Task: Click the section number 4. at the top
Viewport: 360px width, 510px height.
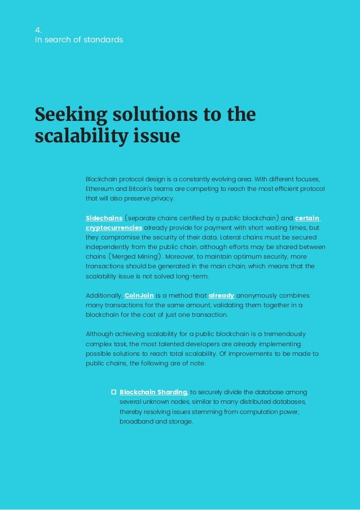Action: click(x=38, y=30)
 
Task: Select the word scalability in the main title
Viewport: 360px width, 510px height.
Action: click(x=77, y=136)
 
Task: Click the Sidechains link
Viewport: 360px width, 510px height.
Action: click(x=104, y=217)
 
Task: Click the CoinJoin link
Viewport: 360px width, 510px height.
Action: click(x=141, y=295)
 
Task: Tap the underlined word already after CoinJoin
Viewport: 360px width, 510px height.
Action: click(x=221, y=295)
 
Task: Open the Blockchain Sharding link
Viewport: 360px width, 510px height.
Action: click(x=153, y=391)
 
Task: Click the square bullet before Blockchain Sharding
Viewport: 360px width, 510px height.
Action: click(x=113, y=391)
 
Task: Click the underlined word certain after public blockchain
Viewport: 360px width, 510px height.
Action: click(x=308, y=217)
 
